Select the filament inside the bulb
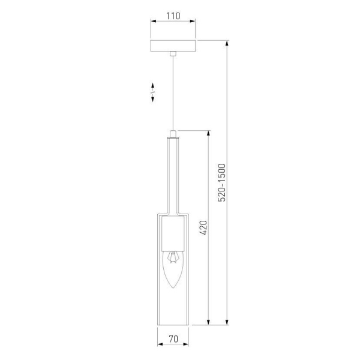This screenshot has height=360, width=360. tap(173, 258)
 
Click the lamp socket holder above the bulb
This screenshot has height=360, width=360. tap(173, 234)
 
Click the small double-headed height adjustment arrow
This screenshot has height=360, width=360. tap(153, 91)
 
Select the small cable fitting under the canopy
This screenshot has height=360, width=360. tap(173, 55)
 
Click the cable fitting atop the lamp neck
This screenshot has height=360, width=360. tap(173, 134)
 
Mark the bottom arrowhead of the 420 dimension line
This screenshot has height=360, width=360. tap(208, 326)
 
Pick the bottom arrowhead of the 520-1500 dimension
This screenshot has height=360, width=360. tap(227, 326)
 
